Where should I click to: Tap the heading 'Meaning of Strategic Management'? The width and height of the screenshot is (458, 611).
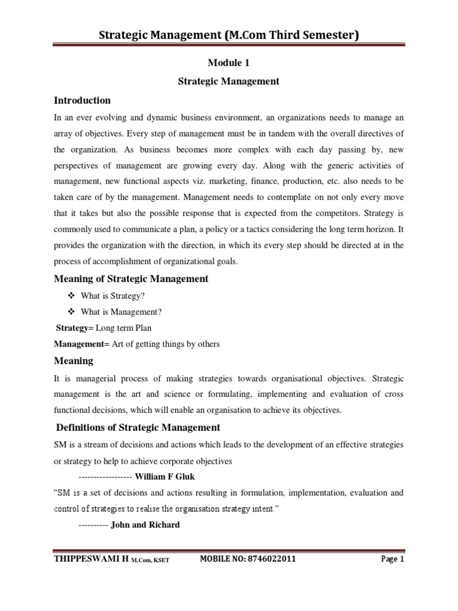131,279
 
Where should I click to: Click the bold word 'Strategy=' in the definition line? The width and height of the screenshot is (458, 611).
73,328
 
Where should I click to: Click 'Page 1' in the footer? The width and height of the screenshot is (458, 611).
392,559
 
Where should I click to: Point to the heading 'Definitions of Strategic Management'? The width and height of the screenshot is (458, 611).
138,427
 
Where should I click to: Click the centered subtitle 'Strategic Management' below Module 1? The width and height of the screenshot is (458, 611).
228,81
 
